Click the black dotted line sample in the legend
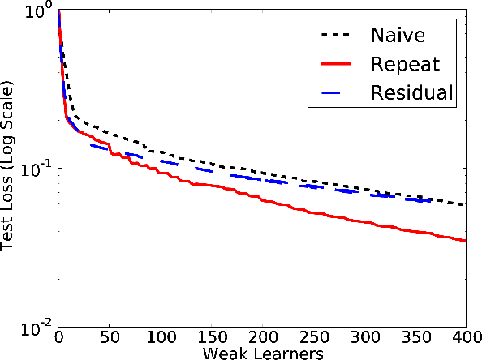[334, 36]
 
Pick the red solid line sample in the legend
[334, 64]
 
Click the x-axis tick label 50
[109, 336]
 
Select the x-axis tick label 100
[160, 336]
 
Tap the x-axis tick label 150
[211, 336]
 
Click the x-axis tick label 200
[261, 336]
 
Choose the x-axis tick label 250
[312, 336]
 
